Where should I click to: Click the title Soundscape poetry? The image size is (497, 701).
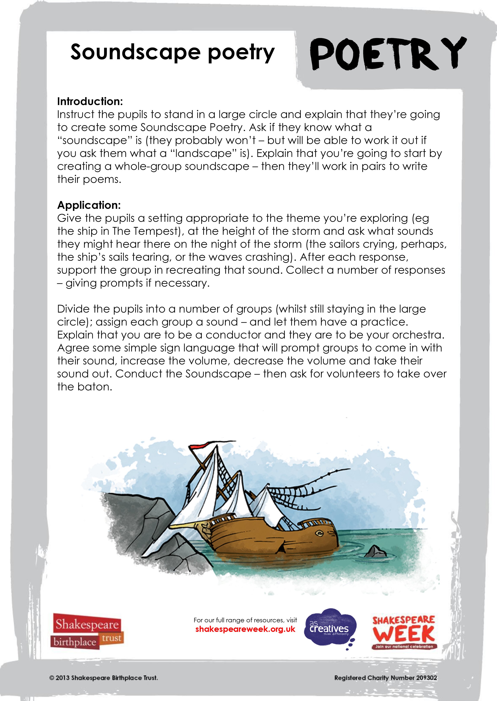(x=172, y=52)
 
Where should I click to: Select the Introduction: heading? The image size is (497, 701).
(x=90, y=101)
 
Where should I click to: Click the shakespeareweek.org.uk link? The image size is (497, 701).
(x=245, y=629)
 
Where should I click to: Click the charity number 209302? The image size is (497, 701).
(x=426, y=678)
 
